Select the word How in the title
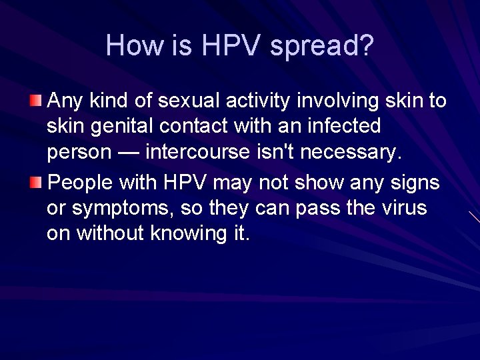coord(129,45)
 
